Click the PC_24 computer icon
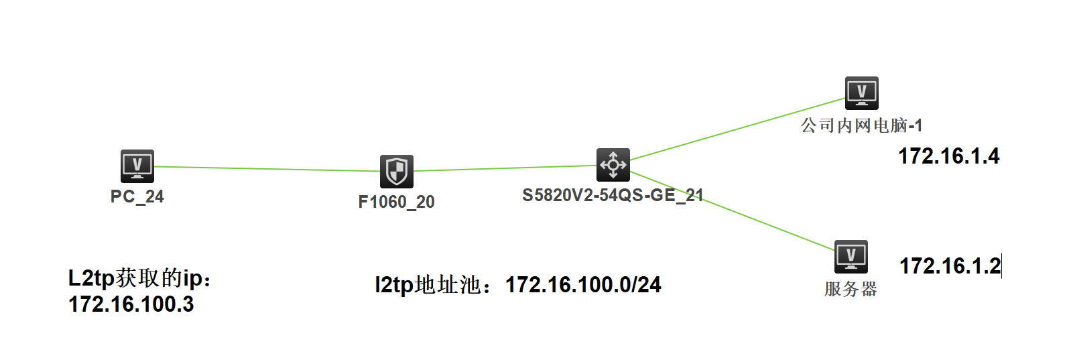point(137,166)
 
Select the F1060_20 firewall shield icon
point(397,171)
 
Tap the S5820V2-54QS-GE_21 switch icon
point(613,164)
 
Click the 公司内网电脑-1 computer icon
point(862,93)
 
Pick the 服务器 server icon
point(851,256)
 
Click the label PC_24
point(137,196)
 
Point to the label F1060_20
point(397,202)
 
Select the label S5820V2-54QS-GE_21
point(613,195)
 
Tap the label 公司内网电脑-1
point(862,125)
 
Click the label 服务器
point(851,289)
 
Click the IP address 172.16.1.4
point(948,156)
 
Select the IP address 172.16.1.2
point(950,266)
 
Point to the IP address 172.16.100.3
point(131,304)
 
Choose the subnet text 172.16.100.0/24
point(583,285)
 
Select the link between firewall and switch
point(506,168)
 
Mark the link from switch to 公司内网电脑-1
point(737,129)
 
